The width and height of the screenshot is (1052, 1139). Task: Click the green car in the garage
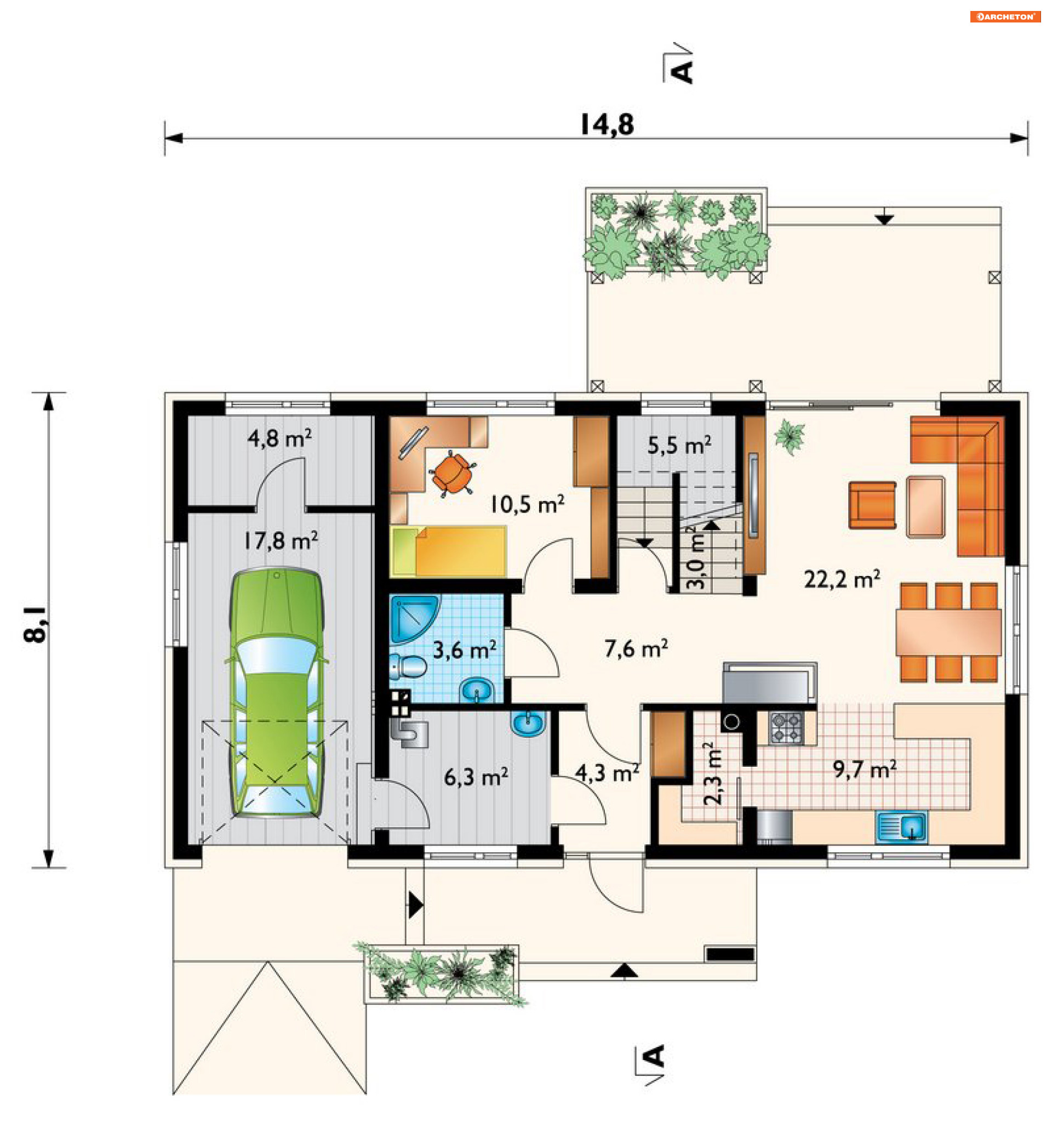(277, 692)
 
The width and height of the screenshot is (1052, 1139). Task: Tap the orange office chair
(452, 473)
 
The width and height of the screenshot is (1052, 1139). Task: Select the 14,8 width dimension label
(607, 125)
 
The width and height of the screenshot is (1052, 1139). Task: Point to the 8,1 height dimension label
(36, 625)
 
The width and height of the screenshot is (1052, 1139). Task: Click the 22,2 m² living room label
(843, 579)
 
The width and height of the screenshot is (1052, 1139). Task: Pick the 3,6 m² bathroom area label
(465, 649)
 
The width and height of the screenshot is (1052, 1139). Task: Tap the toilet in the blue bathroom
(408, 666)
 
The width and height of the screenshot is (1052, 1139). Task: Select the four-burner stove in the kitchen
(786, 728)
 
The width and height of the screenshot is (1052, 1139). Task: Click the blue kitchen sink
(903, 828)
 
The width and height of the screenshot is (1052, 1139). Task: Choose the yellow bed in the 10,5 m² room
(448, 551)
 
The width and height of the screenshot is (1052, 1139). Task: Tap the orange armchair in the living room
(872, 505)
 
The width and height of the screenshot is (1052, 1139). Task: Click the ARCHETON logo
(1005, 16)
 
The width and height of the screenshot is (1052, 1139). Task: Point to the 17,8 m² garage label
(281, 540)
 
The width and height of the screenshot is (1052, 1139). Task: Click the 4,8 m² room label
(279, 438)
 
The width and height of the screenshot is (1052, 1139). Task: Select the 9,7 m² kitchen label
(865, 769)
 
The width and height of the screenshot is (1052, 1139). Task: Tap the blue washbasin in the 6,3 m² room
(529, 724)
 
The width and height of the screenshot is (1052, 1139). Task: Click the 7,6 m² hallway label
(637, 648)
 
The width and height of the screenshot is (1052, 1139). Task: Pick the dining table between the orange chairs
(948, 632)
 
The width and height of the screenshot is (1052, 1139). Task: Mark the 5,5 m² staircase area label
(680, 445)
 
